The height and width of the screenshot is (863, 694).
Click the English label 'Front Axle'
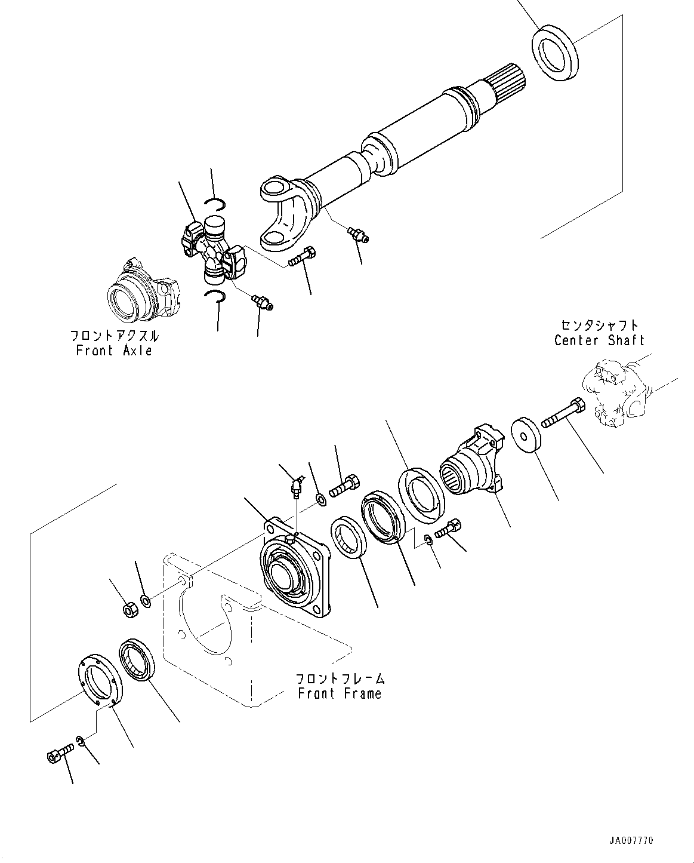(x=114, y=351)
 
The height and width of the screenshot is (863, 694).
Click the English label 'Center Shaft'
(x=599, y=340)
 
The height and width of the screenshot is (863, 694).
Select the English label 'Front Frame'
(x=340, y=693)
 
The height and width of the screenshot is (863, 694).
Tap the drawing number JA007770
(x=631, y=840)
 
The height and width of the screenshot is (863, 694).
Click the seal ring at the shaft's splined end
(x=555, y=52)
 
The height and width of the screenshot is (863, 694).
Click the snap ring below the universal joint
(x=215, y=296)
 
